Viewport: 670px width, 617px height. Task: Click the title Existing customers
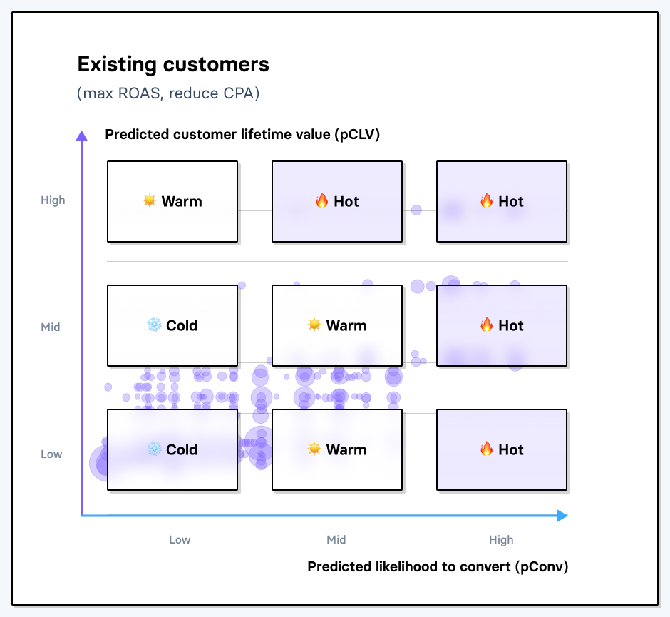(173, 65)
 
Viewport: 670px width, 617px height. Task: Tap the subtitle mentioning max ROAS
(168, 93)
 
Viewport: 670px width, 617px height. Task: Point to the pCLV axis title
(242, 134)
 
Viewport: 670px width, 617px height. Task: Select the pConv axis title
(438, 566)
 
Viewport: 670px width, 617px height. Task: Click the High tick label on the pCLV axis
(53, 200)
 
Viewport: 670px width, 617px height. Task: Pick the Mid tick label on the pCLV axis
(51, 327)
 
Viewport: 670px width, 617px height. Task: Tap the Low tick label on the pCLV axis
(51, 454)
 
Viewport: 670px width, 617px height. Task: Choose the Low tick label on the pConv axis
(180, 540)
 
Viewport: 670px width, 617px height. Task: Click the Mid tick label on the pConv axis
(336, 540)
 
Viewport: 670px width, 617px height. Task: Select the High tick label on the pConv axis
(501, 540)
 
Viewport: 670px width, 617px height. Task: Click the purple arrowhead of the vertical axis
(82, 136)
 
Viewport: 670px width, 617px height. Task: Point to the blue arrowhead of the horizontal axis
(562, 516)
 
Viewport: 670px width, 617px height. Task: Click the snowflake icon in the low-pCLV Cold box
(154, 449)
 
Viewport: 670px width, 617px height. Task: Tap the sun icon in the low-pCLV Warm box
(314, 449)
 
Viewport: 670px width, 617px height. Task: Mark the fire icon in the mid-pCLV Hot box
(486, 325)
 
